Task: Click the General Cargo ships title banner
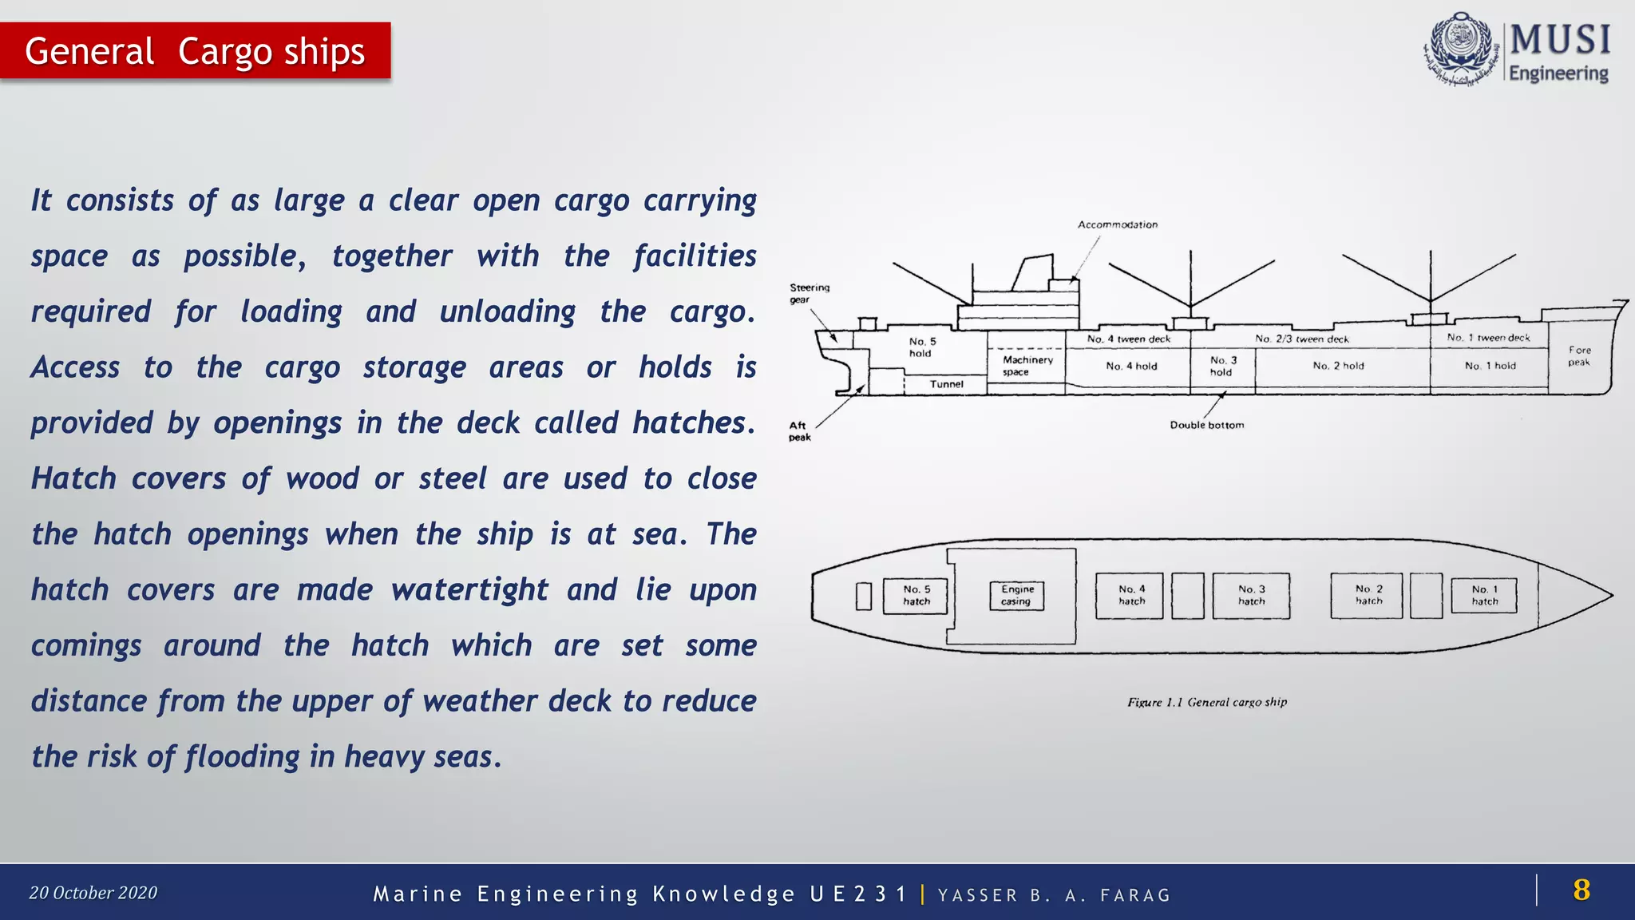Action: tap(195, 51)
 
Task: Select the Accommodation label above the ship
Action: tap(1117, 224)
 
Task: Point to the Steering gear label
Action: tap(809, 293)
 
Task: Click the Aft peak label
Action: tap(799, 431)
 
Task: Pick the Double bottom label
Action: tap(1206, 425)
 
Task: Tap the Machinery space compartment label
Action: tap(1027, 366)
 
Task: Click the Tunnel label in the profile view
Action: tap(946, 384)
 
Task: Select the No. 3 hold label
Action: tap(1222, 366)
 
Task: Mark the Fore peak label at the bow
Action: tap(1578, 356)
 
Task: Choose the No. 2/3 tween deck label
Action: tap(1301, 339)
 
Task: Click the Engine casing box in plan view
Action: tap(1016, 596)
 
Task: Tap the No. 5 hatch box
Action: tap(916, 596)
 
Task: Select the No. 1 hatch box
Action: tap(1484, 596)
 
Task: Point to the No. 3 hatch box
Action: tap(1251, 596)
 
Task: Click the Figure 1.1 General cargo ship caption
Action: tap(1206, 702)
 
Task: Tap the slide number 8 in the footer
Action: tap(1581, 890)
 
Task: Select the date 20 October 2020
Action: tap(93, 893)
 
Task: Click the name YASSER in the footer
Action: tap(977, 895)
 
